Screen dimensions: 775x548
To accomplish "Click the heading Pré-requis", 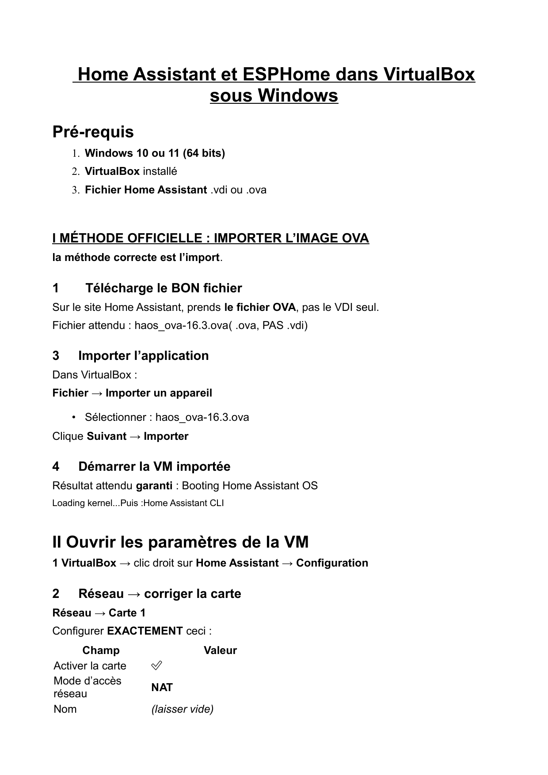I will tap(93, 132).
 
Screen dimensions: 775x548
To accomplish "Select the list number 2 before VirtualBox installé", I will tap(76, 171).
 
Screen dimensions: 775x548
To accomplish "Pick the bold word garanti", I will tap(154, 486).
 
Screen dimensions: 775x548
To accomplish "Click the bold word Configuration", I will tap(332, 563).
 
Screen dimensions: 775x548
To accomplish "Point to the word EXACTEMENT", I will tap(145, 631).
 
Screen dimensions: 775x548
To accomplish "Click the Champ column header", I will tap(101, 650).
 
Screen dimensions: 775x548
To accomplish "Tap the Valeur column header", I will tap(220, 650).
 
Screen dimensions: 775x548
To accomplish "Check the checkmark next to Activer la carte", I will tap(156, 665).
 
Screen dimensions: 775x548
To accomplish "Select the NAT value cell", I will tap(162, 687).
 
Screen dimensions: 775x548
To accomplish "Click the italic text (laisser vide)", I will tap(182, 709).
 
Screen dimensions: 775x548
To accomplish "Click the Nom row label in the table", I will tap(65, 709).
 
